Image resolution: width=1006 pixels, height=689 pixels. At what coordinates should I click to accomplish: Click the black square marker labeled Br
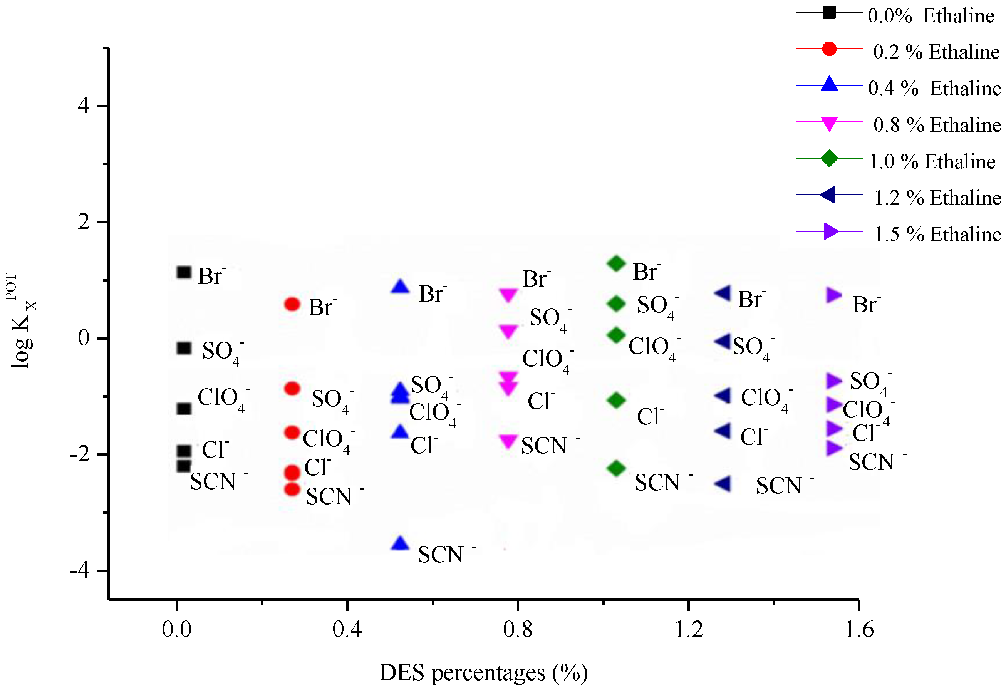(184, 272)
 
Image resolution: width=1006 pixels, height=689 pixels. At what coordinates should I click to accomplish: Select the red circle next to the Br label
(292, 304)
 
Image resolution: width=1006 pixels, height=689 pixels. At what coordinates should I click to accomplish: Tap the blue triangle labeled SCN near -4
(400, 543)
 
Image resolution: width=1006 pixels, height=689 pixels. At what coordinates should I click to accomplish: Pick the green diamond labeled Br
(616, 263)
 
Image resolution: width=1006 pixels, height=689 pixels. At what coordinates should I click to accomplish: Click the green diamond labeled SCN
(616, 468)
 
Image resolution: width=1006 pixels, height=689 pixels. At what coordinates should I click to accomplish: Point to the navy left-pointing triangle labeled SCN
(723, 484)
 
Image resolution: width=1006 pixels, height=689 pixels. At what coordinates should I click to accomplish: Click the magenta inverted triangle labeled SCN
(508, 441)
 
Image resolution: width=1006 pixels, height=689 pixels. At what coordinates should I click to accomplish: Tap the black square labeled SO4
(184, 348)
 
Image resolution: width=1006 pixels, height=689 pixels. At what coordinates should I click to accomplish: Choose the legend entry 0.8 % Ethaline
(937, 125)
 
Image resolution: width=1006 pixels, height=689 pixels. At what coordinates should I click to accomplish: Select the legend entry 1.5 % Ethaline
(937, 234)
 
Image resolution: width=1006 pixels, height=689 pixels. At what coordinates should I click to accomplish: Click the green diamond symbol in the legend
(829, 158)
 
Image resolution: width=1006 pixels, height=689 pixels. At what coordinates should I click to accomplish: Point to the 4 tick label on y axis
(84, 106)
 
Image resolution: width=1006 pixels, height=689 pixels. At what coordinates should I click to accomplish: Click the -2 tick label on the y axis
(80, 454)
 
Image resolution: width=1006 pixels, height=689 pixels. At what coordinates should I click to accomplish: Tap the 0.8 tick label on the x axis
(517, 629)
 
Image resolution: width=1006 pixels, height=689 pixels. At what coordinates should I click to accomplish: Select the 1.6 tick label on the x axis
(859, 629)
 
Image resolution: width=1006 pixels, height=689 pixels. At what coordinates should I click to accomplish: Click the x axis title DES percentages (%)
(483, 672)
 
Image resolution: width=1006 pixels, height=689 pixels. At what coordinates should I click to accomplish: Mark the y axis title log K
(22, 329)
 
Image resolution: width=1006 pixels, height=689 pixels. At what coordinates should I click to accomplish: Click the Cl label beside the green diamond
(650, 417)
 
